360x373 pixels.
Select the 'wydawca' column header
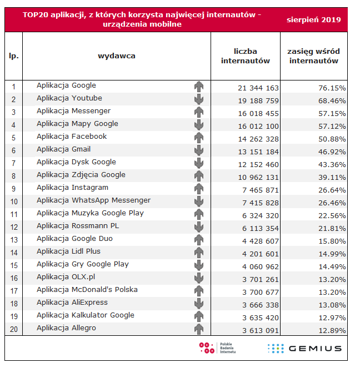click(117, 56)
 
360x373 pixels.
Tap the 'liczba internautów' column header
click(246, 56)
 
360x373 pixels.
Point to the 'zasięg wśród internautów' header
click(314, 56)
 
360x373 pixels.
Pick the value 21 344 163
click(258, 88)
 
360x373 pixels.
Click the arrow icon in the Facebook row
click(199, 137)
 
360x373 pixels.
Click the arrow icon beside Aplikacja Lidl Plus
click(199, 252)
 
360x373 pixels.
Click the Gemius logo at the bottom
click(304, 349)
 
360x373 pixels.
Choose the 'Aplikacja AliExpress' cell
click(72, 303)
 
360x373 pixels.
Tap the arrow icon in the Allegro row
click(199, 329)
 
